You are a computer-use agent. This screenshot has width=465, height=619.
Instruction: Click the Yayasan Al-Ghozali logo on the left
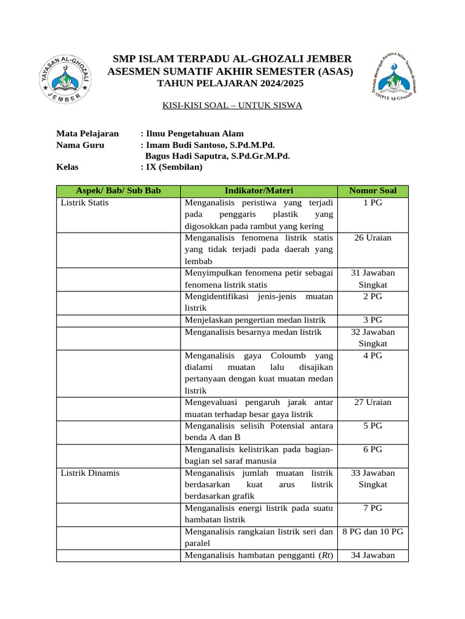point(66,79)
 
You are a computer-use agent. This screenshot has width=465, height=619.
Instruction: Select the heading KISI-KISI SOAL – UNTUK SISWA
point(232,105)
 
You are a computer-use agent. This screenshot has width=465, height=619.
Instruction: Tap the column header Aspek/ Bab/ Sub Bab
point(118,190)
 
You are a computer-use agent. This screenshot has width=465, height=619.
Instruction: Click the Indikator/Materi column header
point(259,190)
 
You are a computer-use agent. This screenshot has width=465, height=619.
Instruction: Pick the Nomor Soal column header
point(373,190)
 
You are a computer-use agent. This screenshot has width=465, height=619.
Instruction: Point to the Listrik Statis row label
point(85,203)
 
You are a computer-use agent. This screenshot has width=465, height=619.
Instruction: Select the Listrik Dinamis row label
point(90,473)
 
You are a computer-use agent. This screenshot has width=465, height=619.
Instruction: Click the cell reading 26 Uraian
point(373,238)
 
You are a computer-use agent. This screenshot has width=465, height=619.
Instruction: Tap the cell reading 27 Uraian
point(373,402)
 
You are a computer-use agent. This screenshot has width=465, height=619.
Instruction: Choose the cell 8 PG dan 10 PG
point(373,531)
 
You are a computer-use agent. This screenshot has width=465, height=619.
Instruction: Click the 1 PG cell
point(373,203)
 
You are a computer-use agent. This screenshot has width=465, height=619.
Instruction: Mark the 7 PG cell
point(373,508)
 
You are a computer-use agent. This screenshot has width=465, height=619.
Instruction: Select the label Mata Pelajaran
point(87,134)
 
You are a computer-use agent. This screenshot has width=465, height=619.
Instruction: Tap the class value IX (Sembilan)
point(174,167)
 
